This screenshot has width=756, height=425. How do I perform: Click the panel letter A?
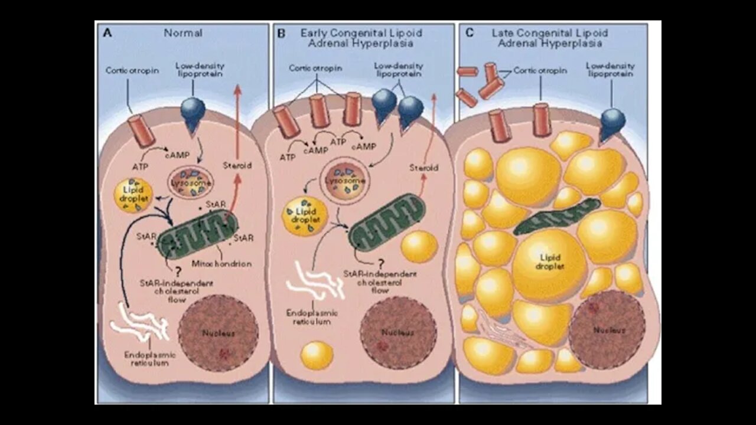[x=107, y=33]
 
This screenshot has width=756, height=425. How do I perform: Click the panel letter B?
[x=281, y=33]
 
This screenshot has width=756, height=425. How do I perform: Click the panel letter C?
[x=470, y=33]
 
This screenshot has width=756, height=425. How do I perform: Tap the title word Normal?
[x=183, y=33]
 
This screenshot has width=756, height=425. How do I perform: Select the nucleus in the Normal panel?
[x=218, y=333]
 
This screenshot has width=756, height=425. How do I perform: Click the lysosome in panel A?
[x=191, y=184]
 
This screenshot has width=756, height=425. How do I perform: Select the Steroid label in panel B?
[x=423, y=168]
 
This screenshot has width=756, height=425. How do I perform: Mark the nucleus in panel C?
[x=607, y=329]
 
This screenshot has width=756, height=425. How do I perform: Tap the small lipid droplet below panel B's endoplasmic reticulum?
[x=317, y=355]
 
